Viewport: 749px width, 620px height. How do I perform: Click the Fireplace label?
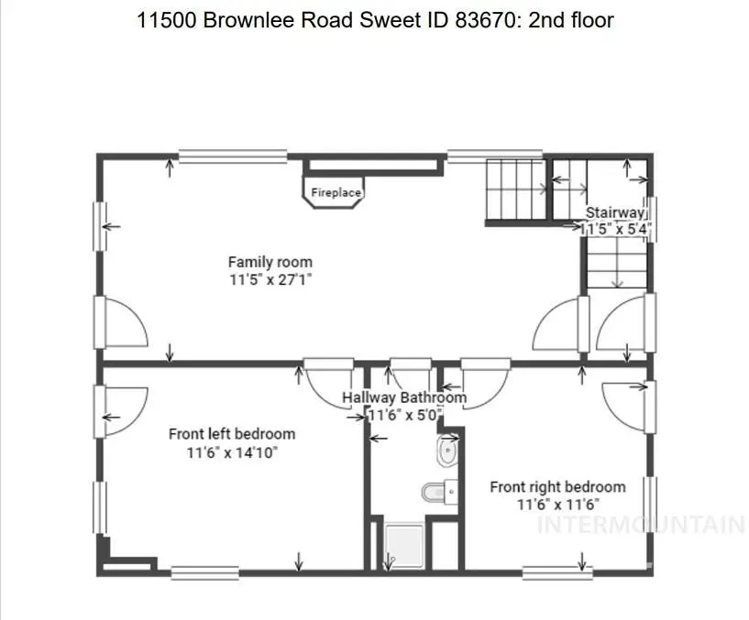click(336, 193)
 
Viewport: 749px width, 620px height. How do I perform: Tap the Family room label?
click(270, 263)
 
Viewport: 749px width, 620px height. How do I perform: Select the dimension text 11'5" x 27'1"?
click(270, 279)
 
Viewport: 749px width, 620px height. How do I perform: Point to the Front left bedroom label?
click(232, 434)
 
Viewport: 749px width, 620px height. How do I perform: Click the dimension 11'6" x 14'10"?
click(232, 451)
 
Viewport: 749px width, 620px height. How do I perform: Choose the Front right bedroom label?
click(557, 487)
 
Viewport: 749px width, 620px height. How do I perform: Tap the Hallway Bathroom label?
click(404, 397)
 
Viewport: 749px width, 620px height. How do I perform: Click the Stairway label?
click(615, 213)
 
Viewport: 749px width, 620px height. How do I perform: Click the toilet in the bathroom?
click(435, 493)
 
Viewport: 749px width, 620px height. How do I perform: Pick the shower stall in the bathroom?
click(403, 544)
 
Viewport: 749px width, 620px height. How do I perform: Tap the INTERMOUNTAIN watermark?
click(640, 525)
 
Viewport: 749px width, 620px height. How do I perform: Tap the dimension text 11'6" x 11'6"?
click(557, 505)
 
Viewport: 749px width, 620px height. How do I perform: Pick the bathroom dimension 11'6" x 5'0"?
click(404, 415)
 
